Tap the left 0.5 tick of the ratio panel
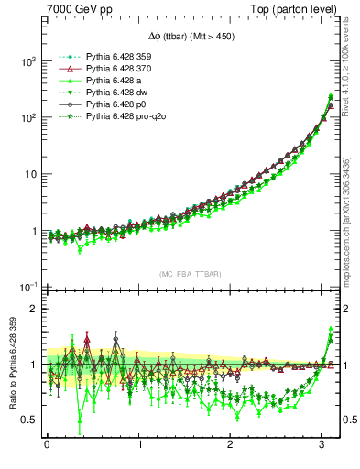(x=24, y=420)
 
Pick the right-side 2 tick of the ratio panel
(x=348, y=309)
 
